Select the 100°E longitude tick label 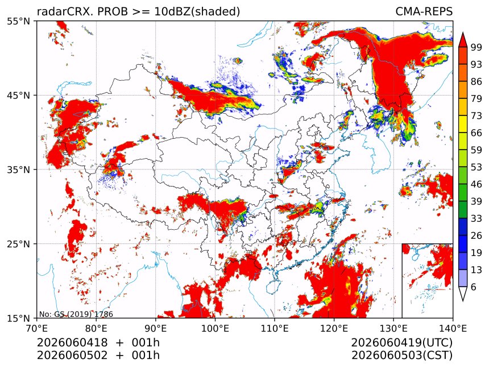[x=215, y=328]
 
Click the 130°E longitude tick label [x=393, y=328]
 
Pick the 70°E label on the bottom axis [x=37, y=328]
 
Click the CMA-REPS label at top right [x=424, y=11]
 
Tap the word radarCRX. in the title [x=65, y=11]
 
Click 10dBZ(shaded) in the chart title [x=197, y=12]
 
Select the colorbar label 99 [x=476, y=47]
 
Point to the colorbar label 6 [x=474, y=287]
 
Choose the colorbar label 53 [x=476, y=167]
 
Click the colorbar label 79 [x=476, y=98]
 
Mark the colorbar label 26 [x=476, y=235]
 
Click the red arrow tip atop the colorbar [x=463, y=32]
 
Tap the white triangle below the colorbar [x=463, y=294]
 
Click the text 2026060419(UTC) [x=401, y=343]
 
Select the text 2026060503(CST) [x=401, y=355]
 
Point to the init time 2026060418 [x=72, y=342]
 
